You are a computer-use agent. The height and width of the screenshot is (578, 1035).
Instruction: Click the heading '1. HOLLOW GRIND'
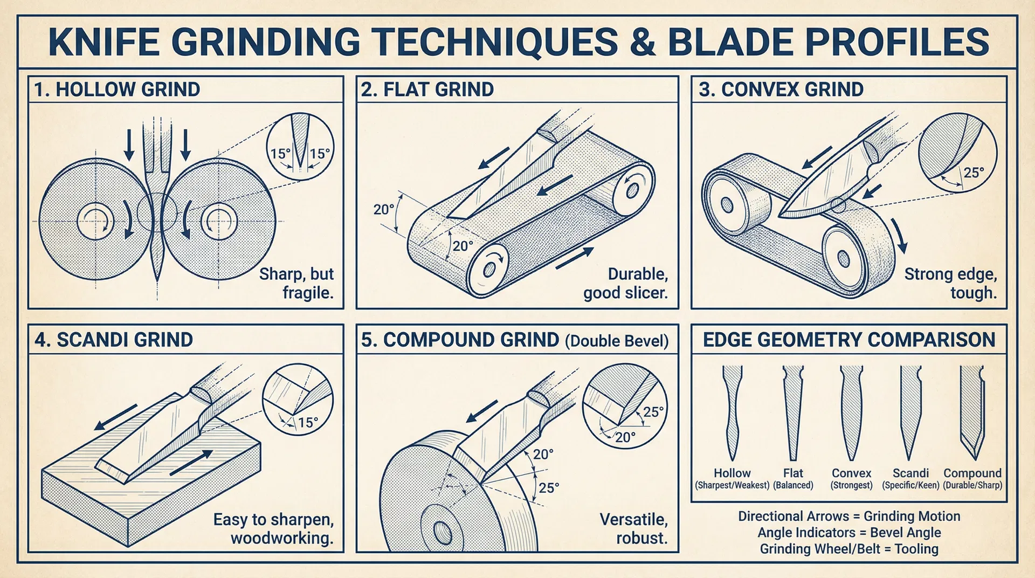click(117, 90)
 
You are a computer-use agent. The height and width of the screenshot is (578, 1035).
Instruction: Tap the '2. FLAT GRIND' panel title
click(427, 90)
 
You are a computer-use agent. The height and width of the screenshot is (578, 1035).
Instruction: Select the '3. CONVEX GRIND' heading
click(781, 90)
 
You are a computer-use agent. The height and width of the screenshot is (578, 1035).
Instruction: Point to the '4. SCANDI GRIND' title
click(114, 340)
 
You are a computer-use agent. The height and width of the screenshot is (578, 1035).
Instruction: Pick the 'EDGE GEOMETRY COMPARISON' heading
click(849, 340)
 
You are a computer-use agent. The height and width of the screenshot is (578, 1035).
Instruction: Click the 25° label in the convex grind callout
click(974, 173)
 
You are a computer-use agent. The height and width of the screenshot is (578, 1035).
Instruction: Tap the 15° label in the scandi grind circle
click(308, 422)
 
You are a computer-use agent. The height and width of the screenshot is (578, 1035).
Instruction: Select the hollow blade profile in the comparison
click(732, 412)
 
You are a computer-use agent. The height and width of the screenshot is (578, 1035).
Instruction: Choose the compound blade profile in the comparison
click(972, 412)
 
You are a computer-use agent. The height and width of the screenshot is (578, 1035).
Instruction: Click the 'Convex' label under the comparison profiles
click(852, 473)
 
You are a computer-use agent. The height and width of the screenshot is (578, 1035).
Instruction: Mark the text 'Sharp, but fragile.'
click(296, 283)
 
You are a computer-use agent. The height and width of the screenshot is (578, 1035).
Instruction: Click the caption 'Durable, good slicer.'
click(625, 283)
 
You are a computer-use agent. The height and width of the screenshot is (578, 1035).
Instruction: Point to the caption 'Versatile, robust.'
click(634, 528)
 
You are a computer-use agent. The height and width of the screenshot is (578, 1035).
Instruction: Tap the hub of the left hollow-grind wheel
click(96, 221)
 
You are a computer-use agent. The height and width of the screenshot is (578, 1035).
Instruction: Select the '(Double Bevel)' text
click(617, 341)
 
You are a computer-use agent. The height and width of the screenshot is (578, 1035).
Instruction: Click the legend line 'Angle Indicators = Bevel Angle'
click(849, 533)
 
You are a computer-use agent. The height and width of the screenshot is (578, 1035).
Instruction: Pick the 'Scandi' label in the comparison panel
click(910, 473)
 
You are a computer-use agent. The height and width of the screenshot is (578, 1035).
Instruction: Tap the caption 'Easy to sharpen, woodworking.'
click(273, 528)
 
